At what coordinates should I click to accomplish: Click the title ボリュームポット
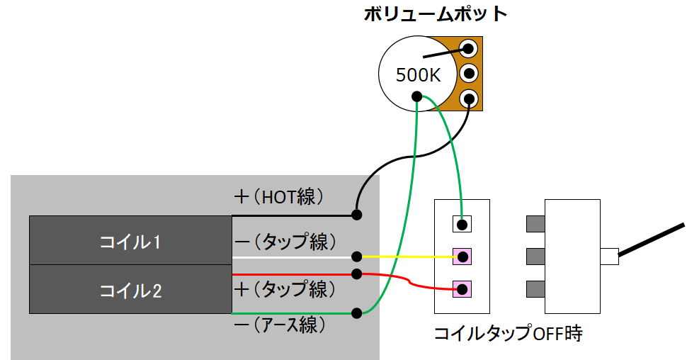pos(436,14)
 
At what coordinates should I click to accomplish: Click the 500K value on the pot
pos(418,75)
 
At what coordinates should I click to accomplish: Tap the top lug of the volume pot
pos(469,47)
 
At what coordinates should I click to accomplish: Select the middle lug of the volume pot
pos(469,73)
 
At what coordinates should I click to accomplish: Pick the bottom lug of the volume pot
pos(469,98)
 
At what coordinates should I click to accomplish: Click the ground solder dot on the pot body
pos(416,96)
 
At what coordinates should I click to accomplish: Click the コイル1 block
pos(130,240)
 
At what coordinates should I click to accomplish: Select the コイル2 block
pos(130,289)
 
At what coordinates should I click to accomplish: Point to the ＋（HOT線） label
pos(279,197)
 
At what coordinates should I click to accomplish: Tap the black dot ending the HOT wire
pos(357,215)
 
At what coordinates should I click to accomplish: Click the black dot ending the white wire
pos(357,257)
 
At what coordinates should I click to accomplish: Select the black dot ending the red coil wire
pos(357,274)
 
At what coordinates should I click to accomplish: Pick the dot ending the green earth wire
pos(357,313)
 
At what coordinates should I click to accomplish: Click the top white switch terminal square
pos(462,224)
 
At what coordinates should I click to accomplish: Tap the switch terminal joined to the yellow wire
pos(462,257)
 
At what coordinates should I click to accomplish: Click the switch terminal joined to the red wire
pos(462,289)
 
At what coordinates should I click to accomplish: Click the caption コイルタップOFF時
pos(509,333)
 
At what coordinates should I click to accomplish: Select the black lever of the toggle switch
pos(651,240)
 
